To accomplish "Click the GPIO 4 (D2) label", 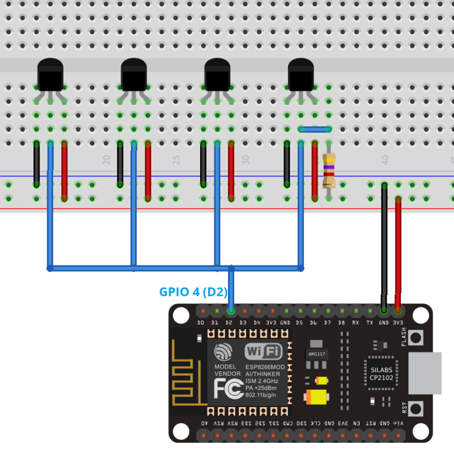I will (x=193, y=292).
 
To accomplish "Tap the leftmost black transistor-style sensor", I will (x=50, y=75).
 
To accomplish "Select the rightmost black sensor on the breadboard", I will (x=300, y=75).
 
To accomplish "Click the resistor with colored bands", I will (x=328, y=170).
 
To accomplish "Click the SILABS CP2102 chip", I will (x=378, y=373).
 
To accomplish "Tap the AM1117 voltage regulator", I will (x=316, y=354).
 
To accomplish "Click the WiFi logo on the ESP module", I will (x=264, y=351).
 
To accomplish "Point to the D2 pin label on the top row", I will (x=230, y=323).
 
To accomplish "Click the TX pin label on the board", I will (x=370, y=323).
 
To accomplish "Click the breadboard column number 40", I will (x=384, y=160).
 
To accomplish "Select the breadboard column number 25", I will (x=175, y=160).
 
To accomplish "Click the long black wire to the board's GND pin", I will (x=384, y=247).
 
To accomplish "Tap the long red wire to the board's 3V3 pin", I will (x=398, y=247).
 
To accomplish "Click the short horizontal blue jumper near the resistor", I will (x=315, y=129).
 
